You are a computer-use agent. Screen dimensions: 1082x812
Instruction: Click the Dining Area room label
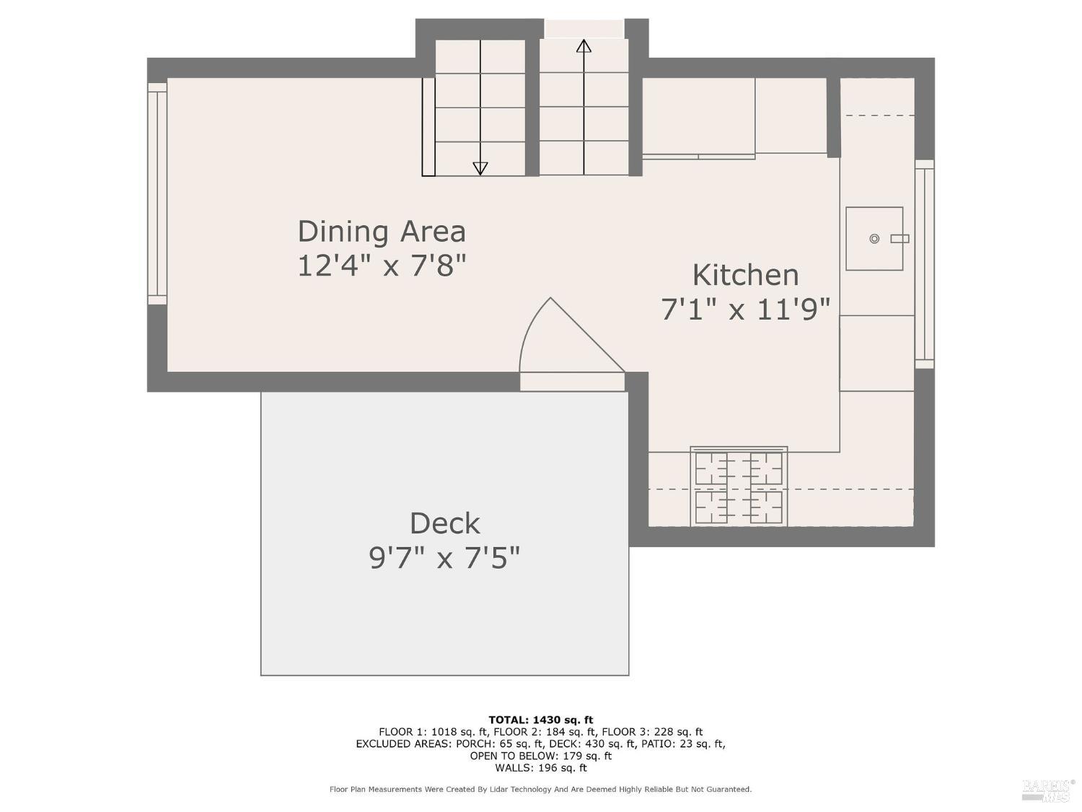click(382, 231)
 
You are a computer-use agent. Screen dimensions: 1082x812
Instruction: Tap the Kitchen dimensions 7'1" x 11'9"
click(745, 310)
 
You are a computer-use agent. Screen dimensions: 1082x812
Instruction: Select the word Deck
click(444, 523)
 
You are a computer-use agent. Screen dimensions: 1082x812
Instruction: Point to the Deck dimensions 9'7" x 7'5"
click(444, 558)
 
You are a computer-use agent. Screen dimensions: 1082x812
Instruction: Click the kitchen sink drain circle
click(874, 239)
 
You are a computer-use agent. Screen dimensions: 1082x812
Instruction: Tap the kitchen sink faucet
click(900, 239)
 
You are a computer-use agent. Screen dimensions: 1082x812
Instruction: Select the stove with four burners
click(739, 486)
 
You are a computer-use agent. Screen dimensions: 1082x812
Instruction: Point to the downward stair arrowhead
click(480, 168)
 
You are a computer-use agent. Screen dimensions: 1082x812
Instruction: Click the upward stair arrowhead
click(584, 46)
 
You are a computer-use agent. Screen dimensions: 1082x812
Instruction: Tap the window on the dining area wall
click(158, 193)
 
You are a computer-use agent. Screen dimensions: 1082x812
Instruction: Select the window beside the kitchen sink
click(924, 263)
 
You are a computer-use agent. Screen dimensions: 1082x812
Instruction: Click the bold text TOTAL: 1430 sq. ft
click(541, 720)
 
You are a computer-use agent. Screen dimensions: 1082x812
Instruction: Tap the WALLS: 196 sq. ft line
click(541, 768)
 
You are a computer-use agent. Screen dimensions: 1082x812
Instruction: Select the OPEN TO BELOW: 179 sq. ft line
click(541, 756)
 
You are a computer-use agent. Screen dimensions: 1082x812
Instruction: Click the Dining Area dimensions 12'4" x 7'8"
click(382, 266)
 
